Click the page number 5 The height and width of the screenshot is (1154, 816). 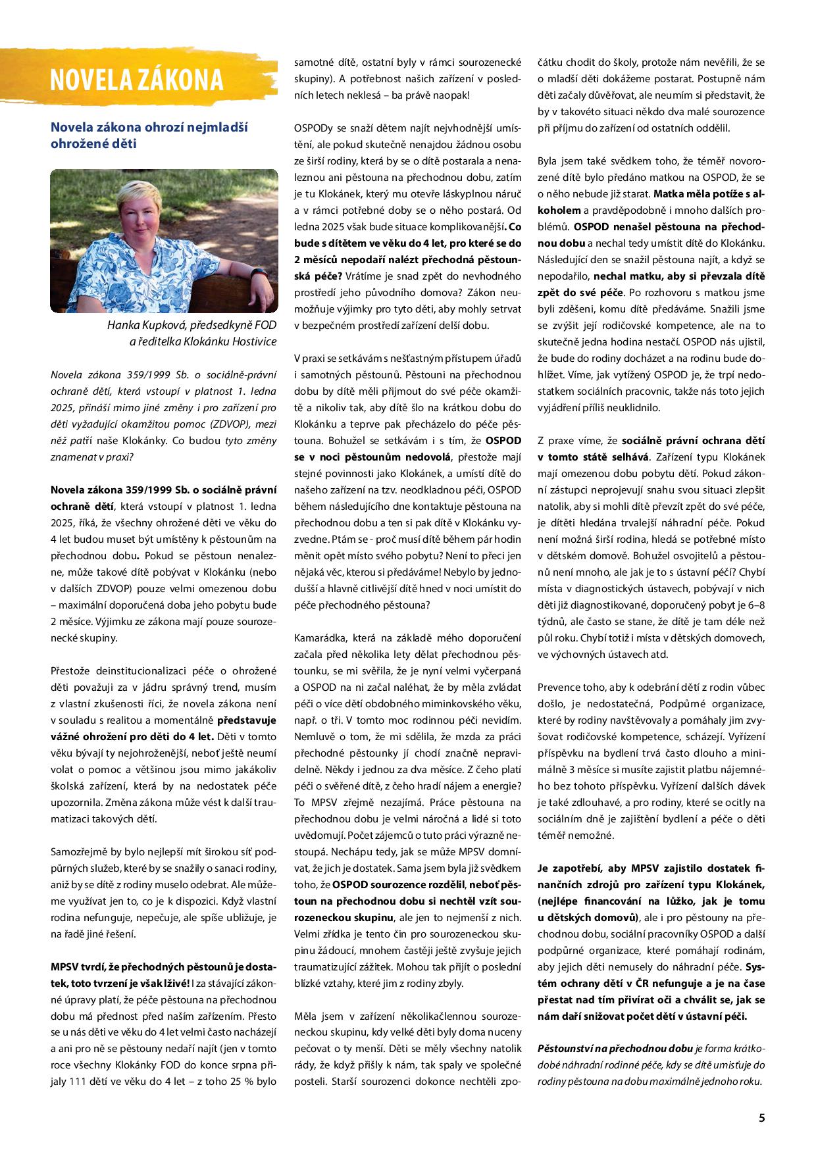click(761, 1117)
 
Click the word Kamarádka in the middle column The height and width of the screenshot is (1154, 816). click(322, 638)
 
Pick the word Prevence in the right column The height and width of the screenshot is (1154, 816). click(559, 688)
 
